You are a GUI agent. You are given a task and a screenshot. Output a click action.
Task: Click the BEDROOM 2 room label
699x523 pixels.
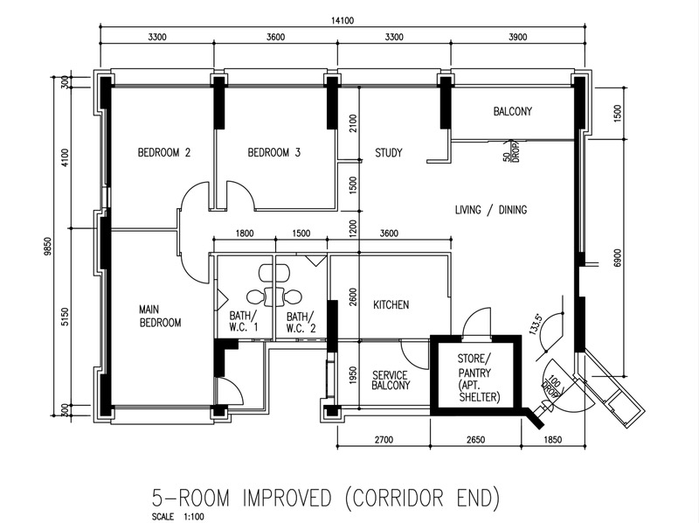164,153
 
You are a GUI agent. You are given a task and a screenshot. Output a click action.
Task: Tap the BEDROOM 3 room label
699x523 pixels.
274,153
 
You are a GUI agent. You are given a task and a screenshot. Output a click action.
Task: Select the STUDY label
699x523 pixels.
389,153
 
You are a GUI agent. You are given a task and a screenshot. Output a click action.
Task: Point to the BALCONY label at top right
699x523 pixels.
513,111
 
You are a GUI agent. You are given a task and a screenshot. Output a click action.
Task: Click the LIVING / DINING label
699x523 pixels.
491,210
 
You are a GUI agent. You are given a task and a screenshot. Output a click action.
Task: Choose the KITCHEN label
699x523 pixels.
391,304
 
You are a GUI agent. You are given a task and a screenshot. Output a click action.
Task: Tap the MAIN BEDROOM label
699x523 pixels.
160,316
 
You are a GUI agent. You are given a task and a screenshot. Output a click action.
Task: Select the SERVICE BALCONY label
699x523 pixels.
391,380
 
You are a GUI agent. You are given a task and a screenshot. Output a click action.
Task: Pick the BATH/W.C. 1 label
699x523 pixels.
244,322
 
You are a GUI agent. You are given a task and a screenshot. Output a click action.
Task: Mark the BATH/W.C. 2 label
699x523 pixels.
301,323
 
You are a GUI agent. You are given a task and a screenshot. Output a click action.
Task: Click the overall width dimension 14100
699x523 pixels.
343,20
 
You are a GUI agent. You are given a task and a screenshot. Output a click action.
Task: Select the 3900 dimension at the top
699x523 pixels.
517,37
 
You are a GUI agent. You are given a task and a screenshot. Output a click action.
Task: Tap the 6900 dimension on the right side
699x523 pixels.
617,258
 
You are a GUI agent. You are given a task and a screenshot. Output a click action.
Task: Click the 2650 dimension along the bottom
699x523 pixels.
475,440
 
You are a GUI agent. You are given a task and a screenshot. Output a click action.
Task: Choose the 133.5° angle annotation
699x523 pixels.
536,324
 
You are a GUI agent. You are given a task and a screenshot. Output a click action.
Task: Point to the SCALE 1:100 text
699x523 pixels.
178,517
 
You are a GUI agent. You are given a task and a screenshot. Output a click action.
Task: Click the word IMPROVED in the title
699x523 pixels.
287,499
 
